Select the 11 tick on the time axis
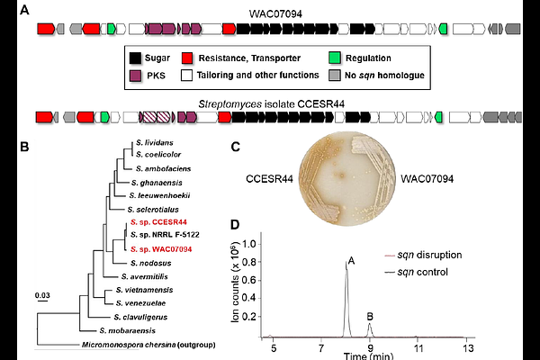click(418, 347)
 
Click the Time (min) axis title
click(367, 356)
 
